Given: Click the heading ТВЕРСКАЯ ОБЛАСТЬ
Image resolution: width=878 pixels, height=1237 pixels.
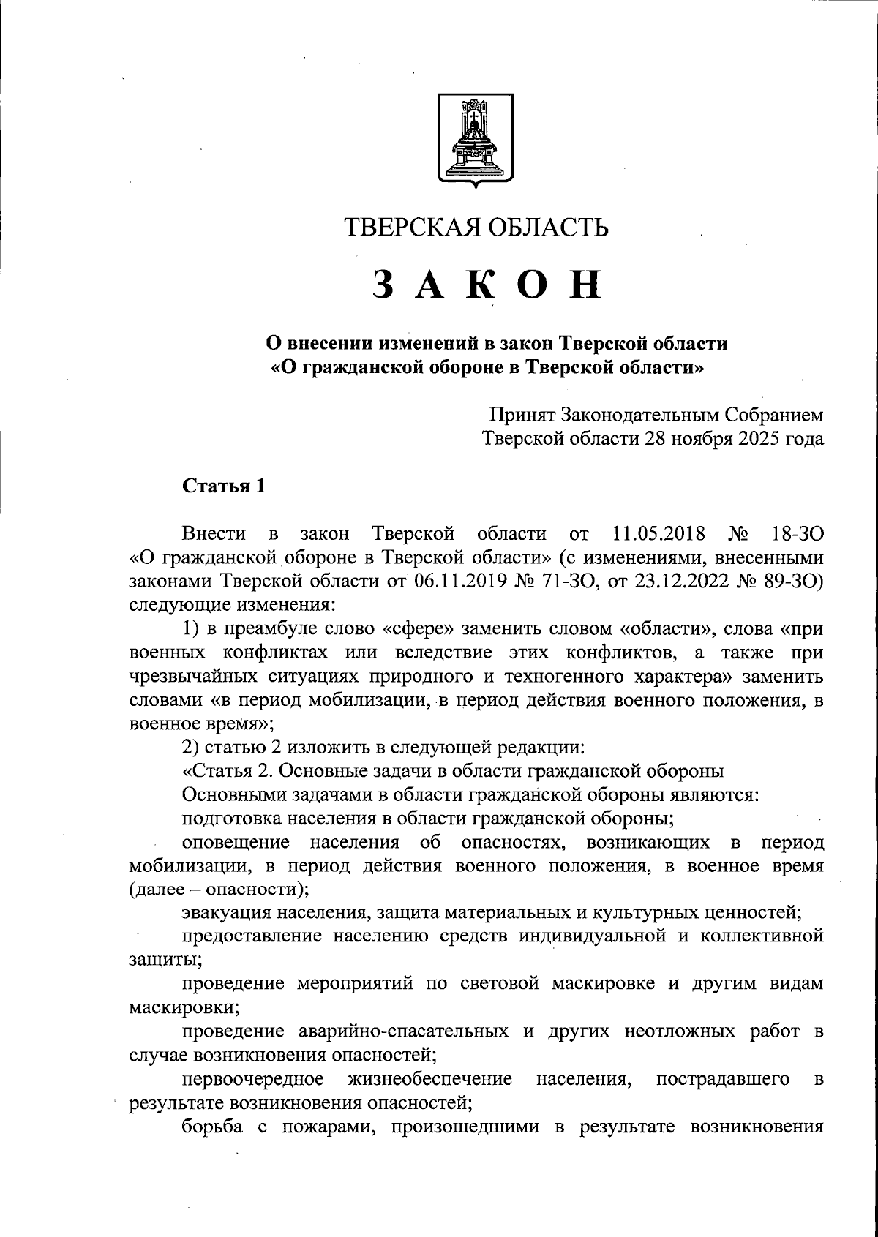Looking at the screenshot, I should (x=476, y=228).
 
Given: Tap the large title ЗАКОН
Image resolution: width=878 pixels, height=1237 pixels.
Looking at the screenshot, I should (x=487, y=285).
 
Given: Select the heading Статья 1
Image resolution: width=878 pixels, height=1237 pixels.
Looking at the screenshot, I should (x=222, y=486).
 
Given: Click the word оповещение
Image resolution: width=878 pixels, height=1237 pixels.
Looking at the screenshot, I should (x=235, y=841).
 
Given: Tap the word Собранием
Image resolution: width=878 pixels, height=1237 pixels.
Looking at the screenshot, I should (x=774, y=416).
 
